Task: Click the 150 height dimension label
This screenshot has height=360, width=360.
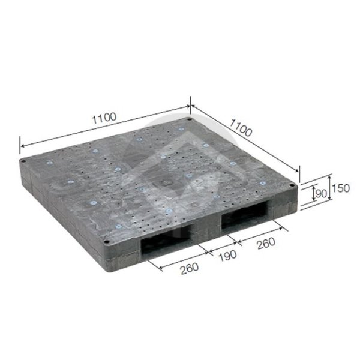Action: point(341,188)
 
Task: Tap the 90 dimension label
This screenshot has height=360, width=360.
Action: point(321,194)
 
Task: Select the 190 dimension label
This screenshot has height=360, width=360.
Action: point(227,256)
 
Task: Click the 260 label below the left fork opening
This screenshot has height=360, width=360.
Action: point(190,268)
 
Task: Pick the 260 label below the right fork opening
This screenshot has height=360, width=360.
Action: point(266,243)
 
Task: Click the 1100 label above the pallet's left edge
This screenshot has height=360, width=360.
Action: point(104,118)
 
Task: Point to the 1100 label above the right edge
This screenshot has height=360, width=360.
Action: point(241,128)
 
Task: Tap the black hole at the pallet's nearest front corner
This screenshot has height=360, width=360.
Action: point(106,242)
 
